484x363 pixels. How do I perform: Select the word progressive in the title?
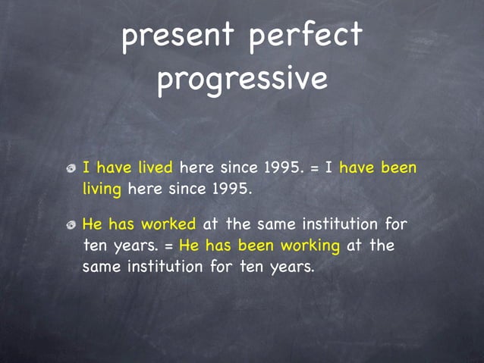[x=242, y=80]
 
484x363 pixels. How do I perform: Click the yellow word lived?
[x=155, y=167]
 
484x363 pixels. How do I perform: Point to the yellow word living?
[x=102, y=189]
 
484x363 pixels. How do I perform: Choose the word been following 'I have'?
[x=398, y=167]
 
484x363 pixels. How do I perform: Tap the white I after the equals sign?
[x=328, y=167]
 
